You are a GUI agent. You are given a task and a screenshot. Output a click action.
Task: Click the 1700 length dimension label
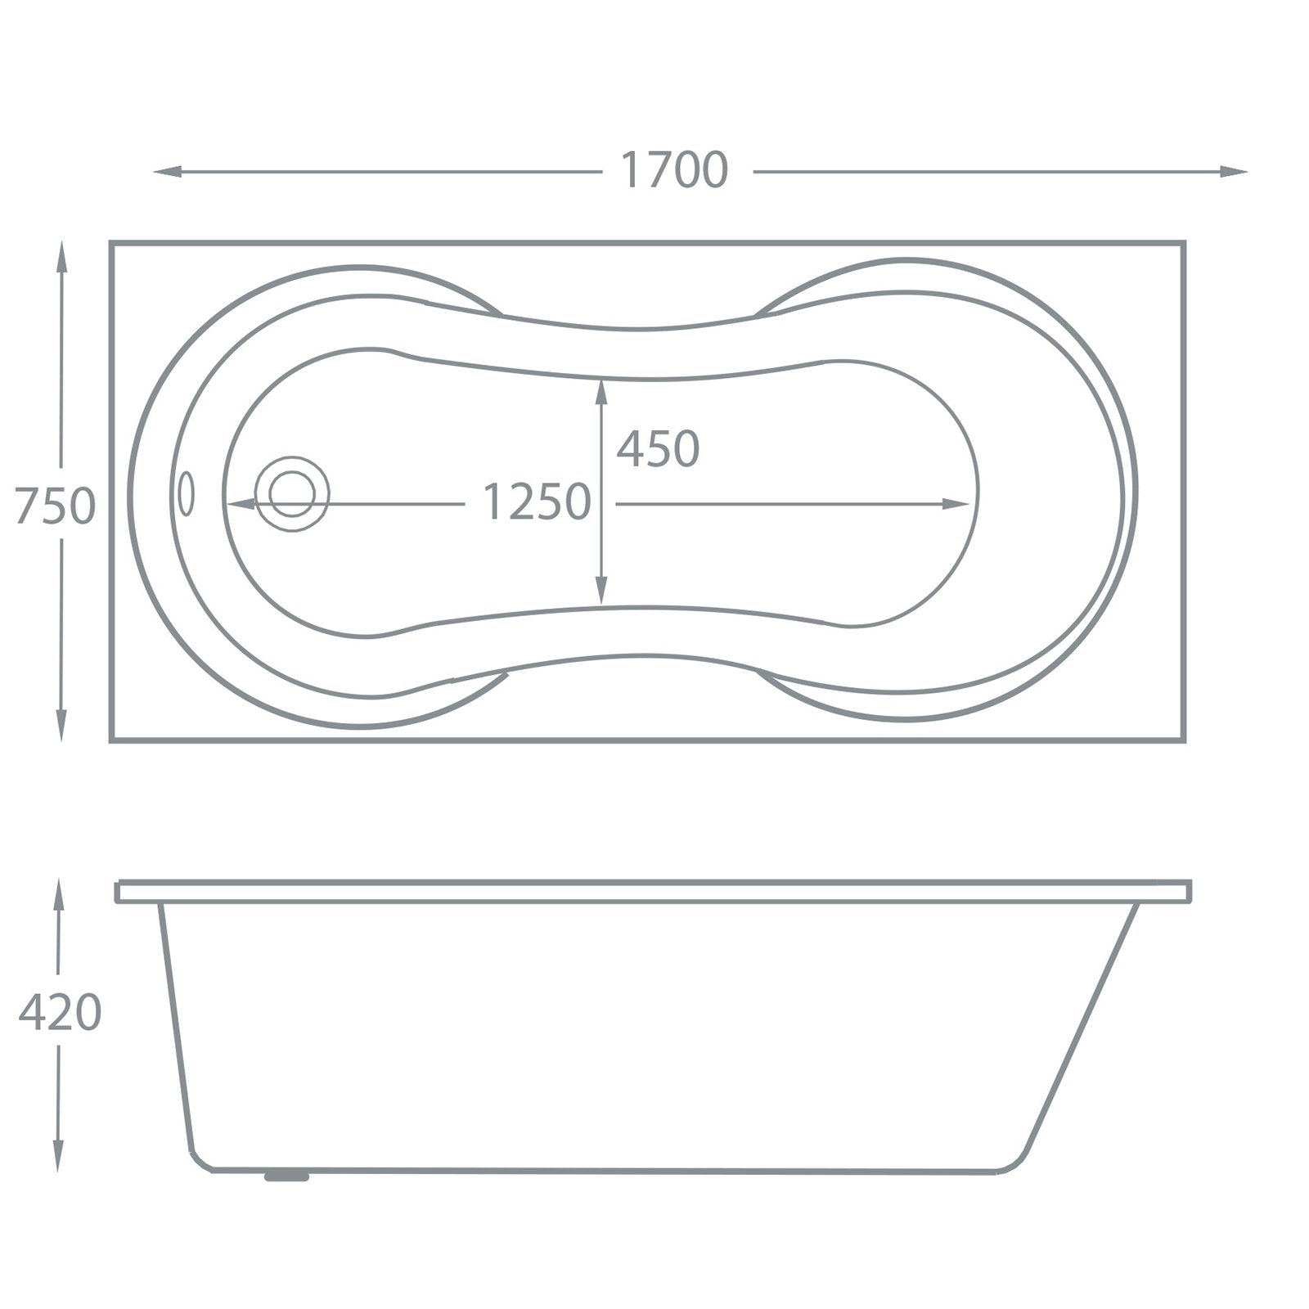click(674, 171)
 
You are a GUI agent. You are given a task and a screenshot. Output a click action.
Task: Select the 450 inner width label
click(658, 449)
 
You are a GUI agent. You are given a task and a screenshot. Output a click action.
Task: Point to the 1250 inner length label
click(537, 502)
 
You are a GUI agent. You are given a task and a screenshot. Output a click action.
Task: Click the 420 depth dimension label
click(60, 1013)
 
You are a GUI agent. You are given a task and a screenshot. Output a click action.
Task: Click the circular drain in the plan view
click(291, 493)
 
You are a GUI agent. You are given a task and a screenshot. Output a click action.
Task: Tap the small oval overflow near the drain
click(187, 493)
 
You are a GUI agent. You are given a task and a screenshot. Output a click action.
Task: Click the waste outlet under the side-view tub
click(286, 1176)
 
